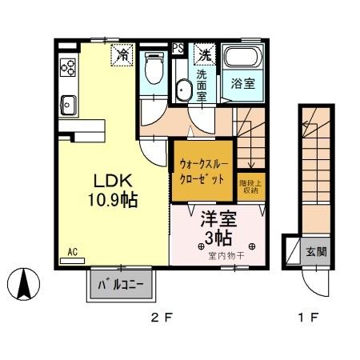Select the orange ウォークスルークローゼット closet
click(x=203, y=170)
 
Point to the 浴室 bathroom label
click(x=244, y=83)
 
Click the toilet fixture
click(x=153, y=70)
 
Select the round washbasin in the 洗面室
click(x=184, y=90)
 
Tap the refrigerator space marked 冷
click(x=123, y=54)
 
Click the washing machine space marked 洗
click(x=205, y=54)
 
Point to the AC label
click(x=72, y=253)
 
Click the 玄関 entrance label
click(x=316, y=251)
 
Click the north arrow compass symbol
click(x=24, y=281)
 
